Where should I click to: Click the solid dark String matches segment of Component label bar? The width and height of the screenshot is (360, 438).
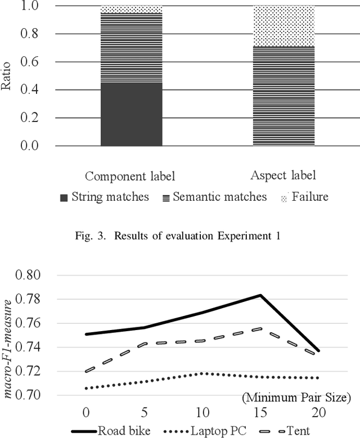[131, 114]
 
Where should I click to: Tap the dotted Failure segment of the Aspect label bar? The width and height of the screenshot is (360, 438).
[283, 25]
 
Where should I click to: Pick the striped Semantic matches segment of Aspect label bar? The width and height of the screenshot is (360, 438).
[283, 96]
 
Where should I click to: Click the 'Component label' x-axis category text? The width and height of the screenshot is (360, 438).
[130, 177]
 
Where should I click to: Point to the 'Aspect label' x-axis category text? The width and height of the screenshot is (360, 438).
[283, 175]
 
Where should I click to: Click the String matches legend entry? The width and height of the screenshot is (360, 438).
[105, 197]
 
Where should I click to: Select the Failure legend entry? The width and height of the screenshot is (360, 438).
[303, 197]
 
